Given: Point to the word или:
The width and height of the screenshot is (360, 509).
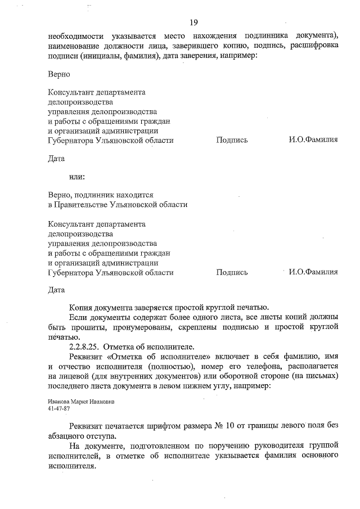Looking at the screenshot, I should [77, 177].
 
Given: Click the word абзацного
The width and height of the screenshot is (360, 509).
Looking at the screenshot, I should [70, 436].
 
